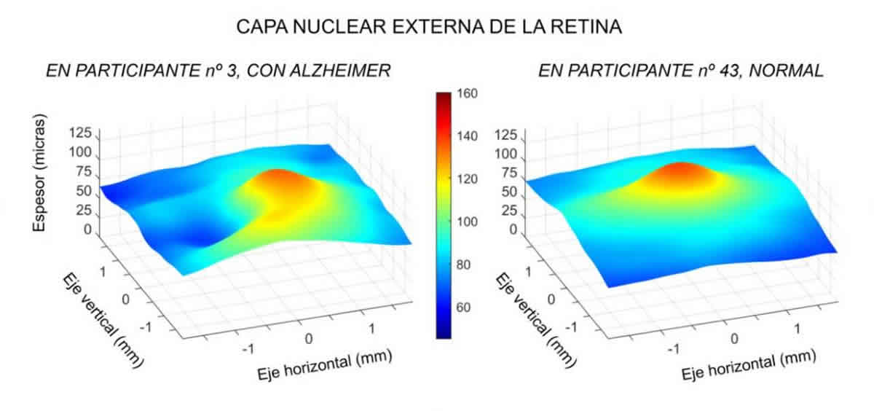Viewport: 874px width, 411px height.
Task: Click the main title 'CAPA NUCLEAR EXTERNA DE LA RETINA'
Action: coord(429,27)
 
